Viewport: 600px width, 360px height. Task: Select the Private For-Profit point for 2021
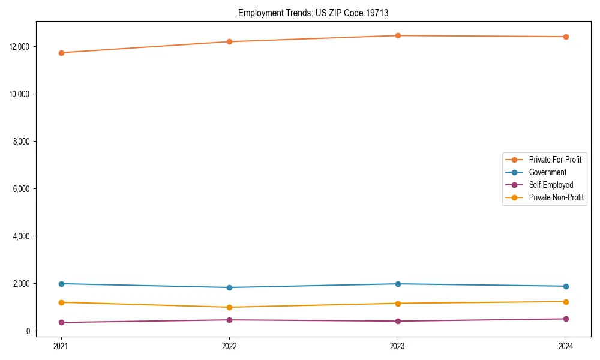61,53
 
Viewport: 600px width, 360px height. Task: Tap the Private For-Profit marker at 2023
398,35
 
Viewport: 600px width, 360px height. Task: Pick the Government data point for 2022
229,287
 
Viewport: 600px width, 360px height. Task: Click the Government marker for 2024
566,286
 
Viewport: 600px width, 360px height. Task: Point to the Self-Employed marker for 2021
61,322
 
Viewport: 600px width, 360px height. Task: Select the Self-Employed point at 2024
566,319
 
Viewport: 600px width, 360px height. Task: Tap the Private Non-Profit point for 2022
229,307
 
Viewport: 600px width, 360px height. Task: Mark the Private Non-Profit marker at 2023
398,303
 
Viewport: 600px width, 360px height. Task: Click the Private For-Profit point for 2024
566,37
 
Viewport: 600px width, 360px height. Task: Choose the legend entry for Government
547,172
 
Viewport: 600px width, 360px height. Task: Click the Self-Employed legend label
551,185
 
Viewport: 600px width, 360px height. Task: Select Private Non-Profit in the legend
556,197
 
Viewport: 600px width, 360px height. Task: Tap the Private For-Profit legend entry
555,160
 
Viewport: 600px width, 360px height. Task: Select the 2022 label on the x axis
229,346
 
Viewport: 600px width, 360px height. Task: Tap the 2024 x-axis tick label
566,346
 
